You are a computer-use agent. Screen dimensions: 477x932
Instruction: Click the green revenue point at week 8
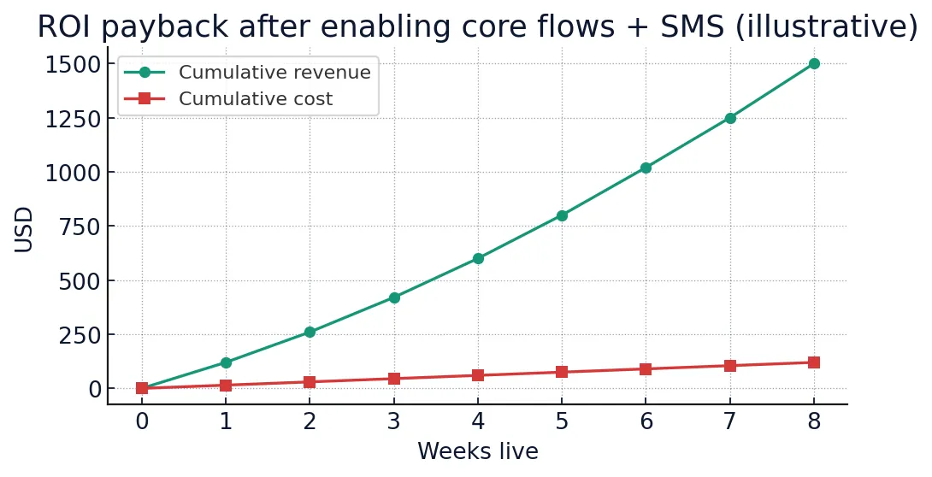[x=813, y=64]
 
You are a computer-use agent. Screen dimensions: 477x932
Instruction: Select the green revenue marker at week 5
[x=562, y=215]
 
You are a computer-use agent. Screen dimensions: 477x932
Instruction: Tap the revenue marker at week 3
[x=394, y=297]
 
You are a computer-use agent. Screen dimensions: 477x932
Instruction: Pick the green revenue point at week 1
[x=226, y=362]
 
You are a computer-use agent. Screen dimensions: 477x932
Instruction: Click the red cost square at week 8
[x=813, y=362]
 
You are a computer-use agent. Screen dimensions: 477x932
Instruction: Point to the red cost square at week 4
[x=478, y=375]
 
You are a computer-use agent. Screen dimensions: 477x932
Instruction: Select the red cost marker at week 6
[x=646, y=369]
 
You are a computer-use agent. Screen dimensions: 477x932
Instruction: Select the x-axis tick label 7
[x=729, y=421]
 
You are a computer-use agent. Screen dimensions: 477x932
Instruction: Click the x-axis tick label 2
[x=310, y=421]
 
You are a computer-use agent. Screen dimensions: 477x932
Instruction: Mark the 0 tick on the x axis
[x=142, y=421]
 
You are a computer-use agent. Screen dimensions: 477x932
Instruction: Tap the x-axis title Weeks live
[x=477, y=452]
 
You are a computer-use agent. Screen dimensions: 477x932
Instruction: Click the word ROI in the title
[x=65, y=28]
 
